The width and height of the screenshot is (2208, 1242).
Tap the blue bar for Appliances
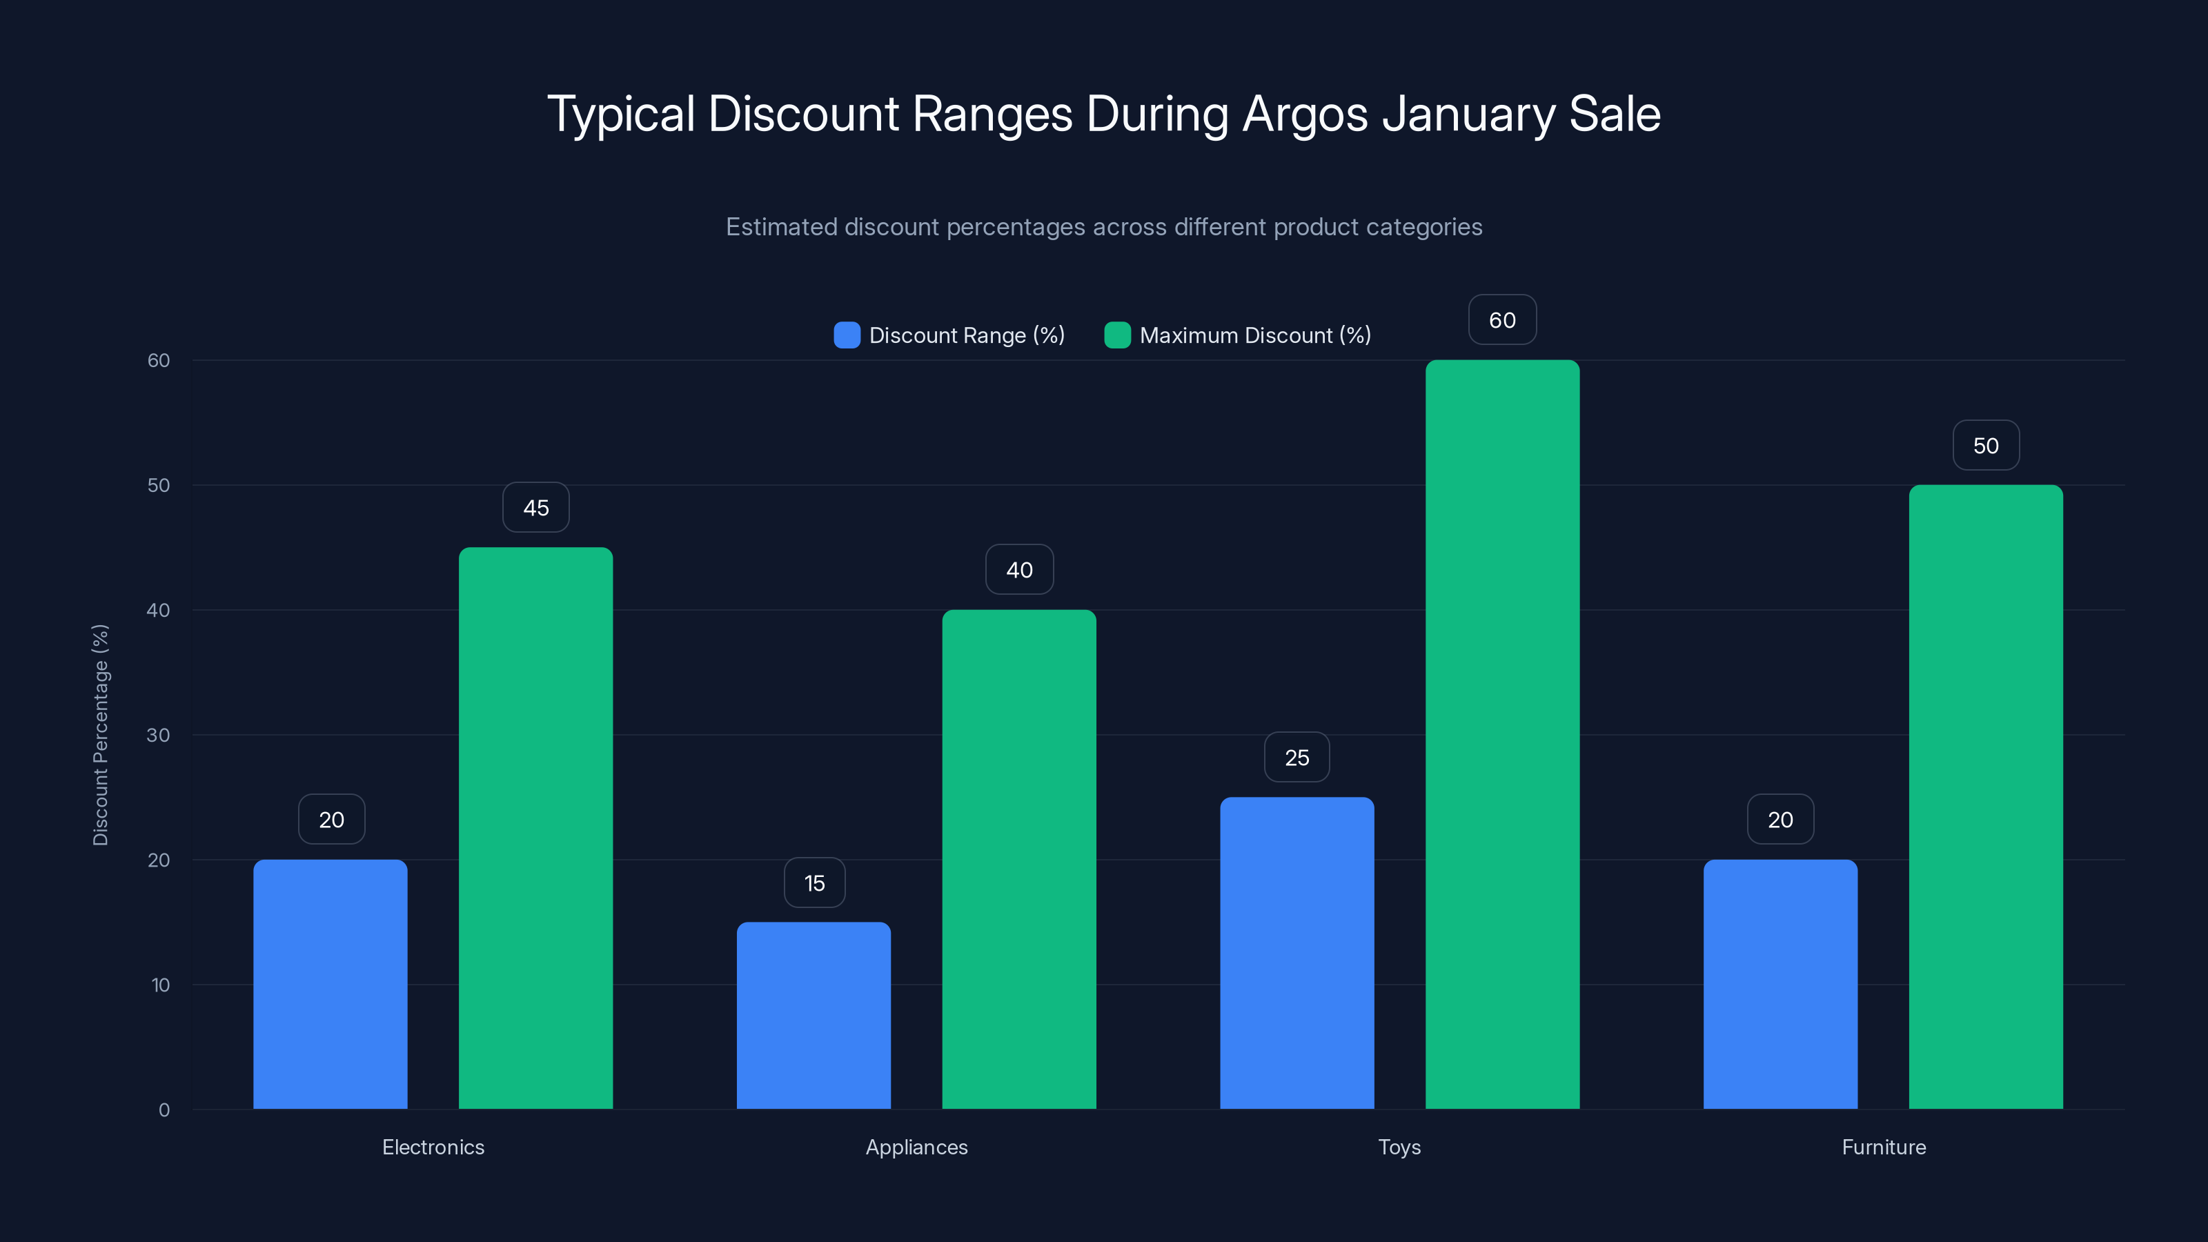point(814,1016)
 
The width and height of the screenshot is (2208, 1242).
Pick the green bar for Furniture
point(1985,797)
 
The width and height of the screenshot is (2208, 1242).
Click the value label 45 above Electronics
point(535,507)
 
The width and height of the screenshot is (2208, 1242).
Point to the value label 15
point(814,883)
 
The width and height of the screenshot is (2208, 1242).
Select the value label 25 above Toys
point(1297,758)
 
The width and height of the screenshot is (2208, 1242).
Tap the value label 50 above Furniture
point(1986,446)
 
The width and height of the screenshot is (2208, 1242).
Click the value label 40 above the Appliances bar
point(1019,570)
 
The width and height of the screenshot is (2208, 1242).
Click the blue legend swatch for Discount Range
point(847,335)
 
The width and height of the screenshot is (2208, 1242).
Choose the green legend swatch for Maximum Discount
point(1118,335)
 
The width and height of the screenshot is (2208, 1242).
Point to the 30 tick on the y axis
point(159,736)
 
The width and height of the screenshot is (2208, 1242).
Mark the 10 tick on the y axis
point(160,985)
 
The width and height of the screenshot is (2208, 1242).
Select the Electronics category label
point(433,1147)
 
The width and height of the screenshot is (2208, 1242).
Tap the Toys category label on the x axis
point(1399,1147)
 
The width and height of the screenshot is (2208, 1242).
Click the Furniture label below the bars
point(1883,1147)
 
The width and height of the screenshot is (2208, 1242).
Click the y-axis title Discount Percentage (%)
point(100,735)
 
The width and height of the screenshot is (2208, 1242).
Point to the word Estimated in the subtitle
point(781,227)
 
